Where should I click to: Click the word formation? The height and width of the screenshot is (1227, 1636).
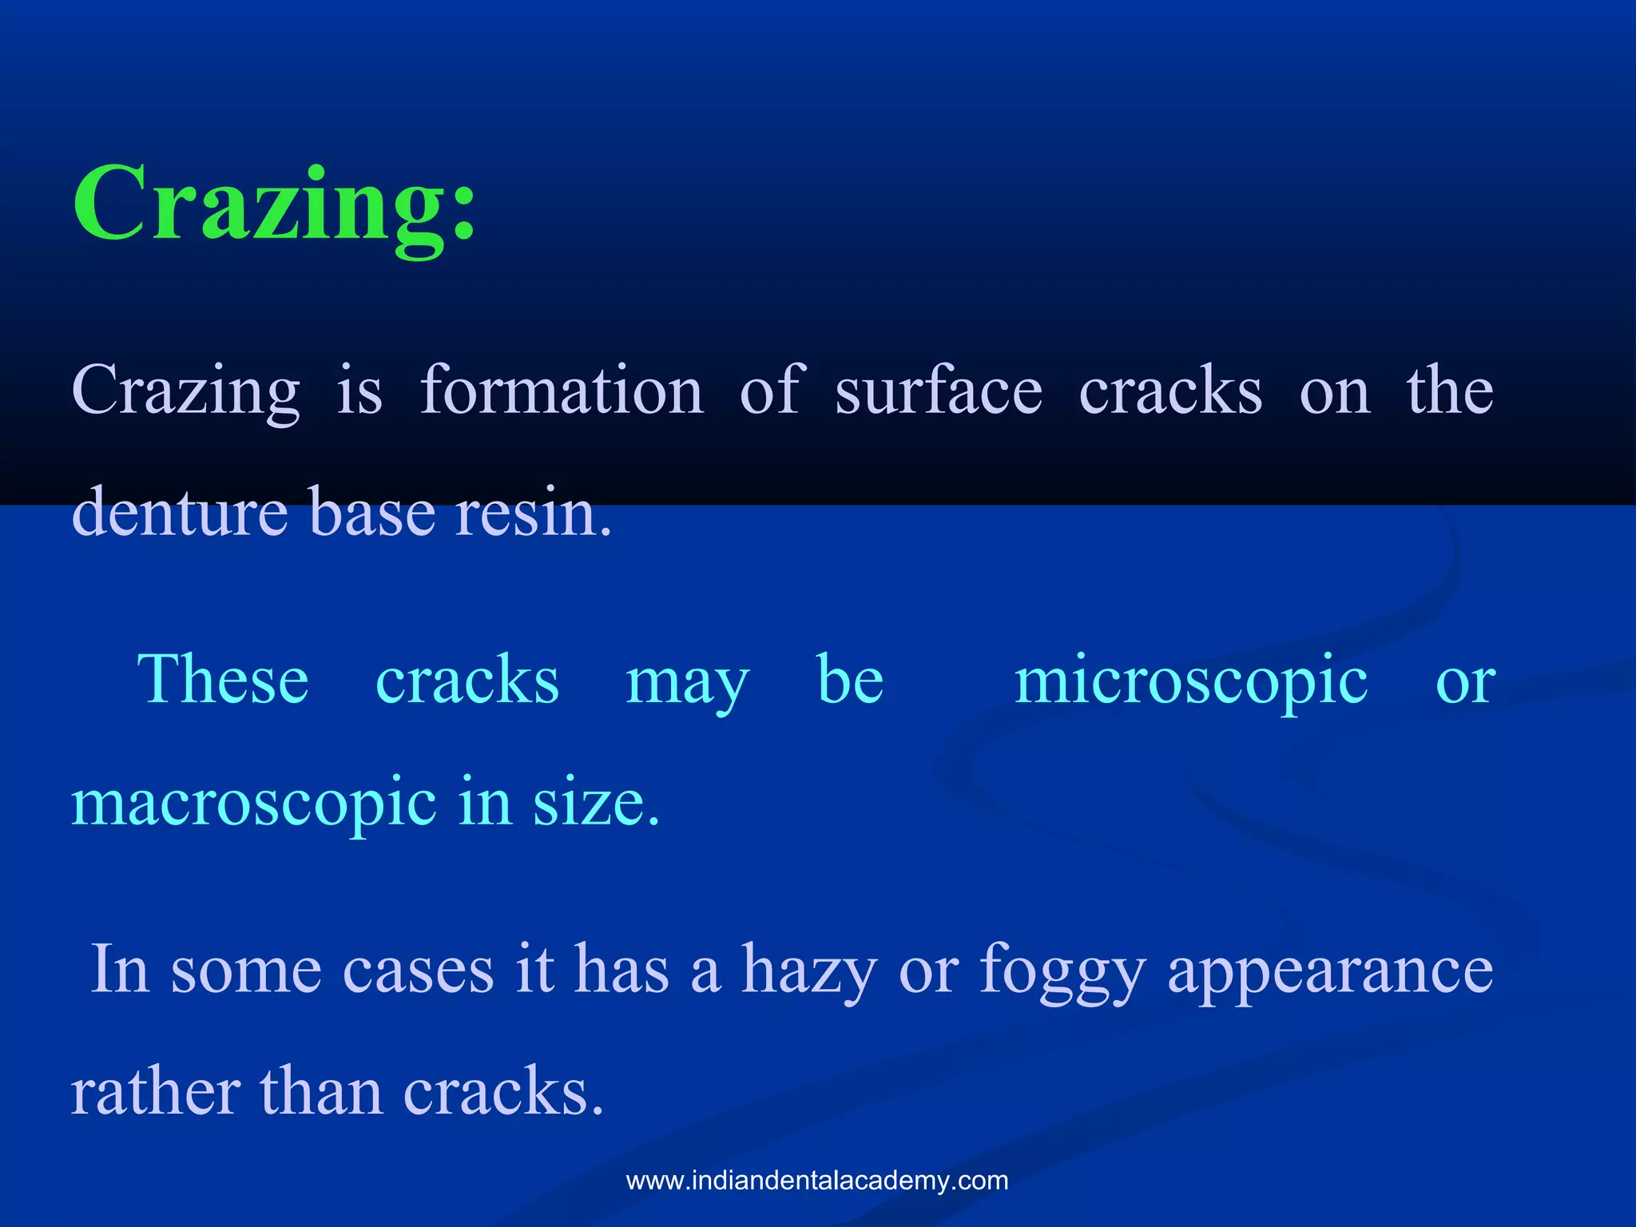point(562,391)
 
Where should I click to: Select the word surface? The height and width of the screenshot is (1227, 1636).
point(939,391)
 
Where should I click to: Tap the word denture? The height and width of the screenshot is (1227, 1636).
point(180,512)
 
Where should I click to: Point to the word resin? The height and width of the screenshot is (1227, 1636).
point(533,512)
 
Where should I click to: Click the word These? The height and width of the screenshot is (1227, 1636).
point(223,679)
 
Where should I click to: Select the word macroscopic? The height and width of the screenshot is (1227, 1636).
point(254,804)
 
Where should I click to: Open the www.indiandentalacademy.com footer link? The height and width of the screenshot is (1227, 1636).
point(817,1181)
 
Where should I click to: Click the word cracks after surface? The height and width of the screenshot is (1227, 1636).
point(1170,391)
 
